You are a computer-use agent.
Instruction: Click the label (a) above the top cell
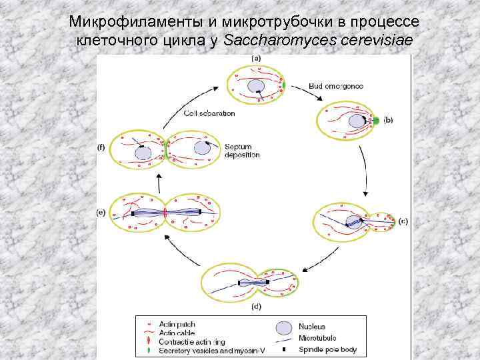(255, 59)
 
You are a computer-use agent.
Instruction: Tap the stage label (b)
(389, 121)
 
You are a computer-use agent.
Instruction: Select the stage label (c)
(403, 221)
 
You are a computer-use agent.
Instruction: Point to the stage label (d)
(255, 308)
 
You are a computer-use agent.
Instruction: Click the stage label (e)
(101, 213)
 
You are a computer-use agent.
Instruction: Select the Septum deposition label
(238, 151)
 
